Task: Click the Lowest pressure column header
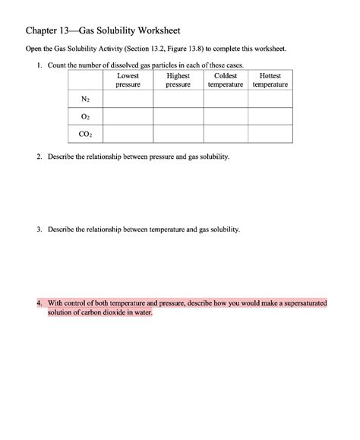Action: (x=128, y=81)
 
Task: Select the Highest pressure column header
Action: (x=178, y=81)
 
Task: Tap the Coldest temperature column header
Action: (x=226, y=81)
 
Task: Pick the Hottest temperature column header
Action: (x=270, y=81)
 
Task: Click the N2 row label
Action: (x=85, y=100)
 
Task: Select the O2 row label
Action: (x=85, y=117)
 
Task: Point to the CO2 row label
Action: (x=85, y=135)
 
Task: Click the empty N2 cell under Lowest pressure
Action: (x=128, y=100)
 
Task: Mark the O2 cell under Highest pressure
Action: (x=178, y=117)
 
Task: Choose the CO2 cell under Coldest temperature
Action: (x=226, y=135)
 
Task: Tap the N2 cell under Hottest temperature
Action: (x=270, y=100)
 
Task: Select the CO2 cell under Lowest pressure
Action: (x=128, y=135)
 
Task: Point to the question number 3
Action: (x=39, y=229)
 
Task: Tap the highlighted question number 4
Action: (x=39, y=302)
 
